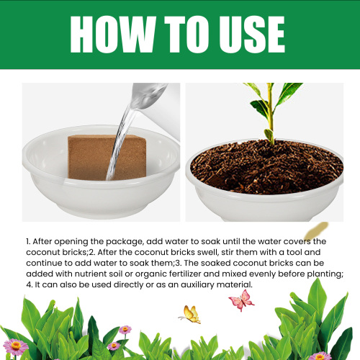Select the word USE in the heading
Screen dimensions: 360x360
pyautogui.click(x=250, y=34)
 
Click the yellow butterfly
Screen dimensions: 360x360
pyautogui.click(x=191, y=314)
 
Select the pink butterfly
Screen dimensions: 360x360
pyautogui.click(x=240, y=299)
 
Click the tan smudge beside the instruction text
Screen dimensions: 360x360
pyautogui.click(x=315, y=231)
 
